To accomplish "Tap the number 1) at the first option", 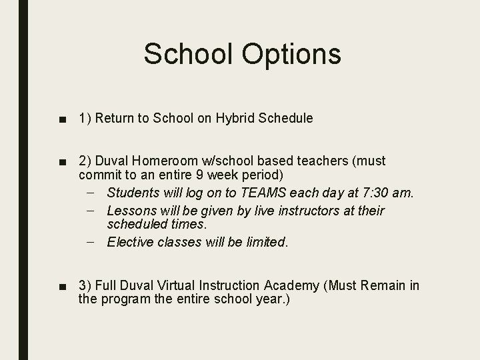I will pyautogui.click(x=84, y=119).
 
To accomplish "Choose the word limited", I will pyautogui.click(x=265, y=243).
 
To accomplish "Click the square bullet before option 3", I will pyautogui.click(x=62, y=287).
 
